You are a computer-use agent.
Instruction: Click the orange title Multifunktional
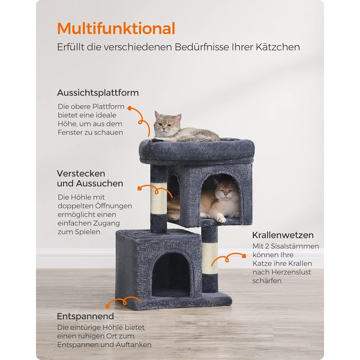point(116,28)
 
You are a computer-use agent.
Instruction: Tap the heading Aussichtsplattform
point(98,93)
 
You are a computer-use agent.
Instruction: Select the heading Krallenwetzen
point(283,235)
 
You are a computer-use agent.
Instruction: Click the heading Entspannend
point(85,316)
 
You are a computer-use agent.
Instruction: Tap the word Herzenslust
point(291,272)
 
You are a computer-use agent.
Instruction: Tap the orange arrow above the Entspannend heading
point(124,302)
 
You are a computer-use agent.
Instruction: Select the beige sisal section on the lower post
point(210,258)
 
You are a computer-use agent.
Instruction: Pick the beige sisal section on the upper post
point(158,198)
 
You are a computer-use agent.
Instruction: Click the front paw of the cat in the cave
point(220,219)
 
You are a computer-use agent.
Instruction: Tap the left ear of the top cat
point(157,115)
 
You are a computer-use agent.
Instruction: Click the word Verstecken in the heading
point(81,174)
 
